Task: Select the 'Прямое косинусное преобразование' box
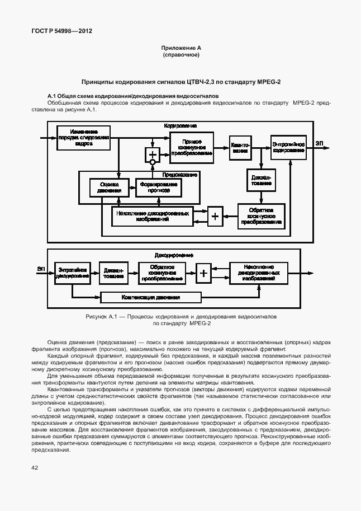(x=191, y=147)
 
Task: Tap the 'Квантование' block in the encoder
(x=240, y=148)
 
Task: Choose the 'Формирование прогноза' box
(x=159, y=187)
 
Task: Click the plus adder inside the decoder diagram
(x=204, y=273)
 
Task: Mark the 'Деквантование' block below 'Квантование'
(x=259, y=180)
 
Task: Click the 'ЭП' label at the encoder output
(x=319, y=144)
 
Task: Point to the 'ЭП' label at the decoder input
(x=41, y=269)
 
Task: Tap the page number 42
(x=35, y=467)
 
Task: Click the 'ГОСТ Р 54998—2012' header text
(x=61, y=31)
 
